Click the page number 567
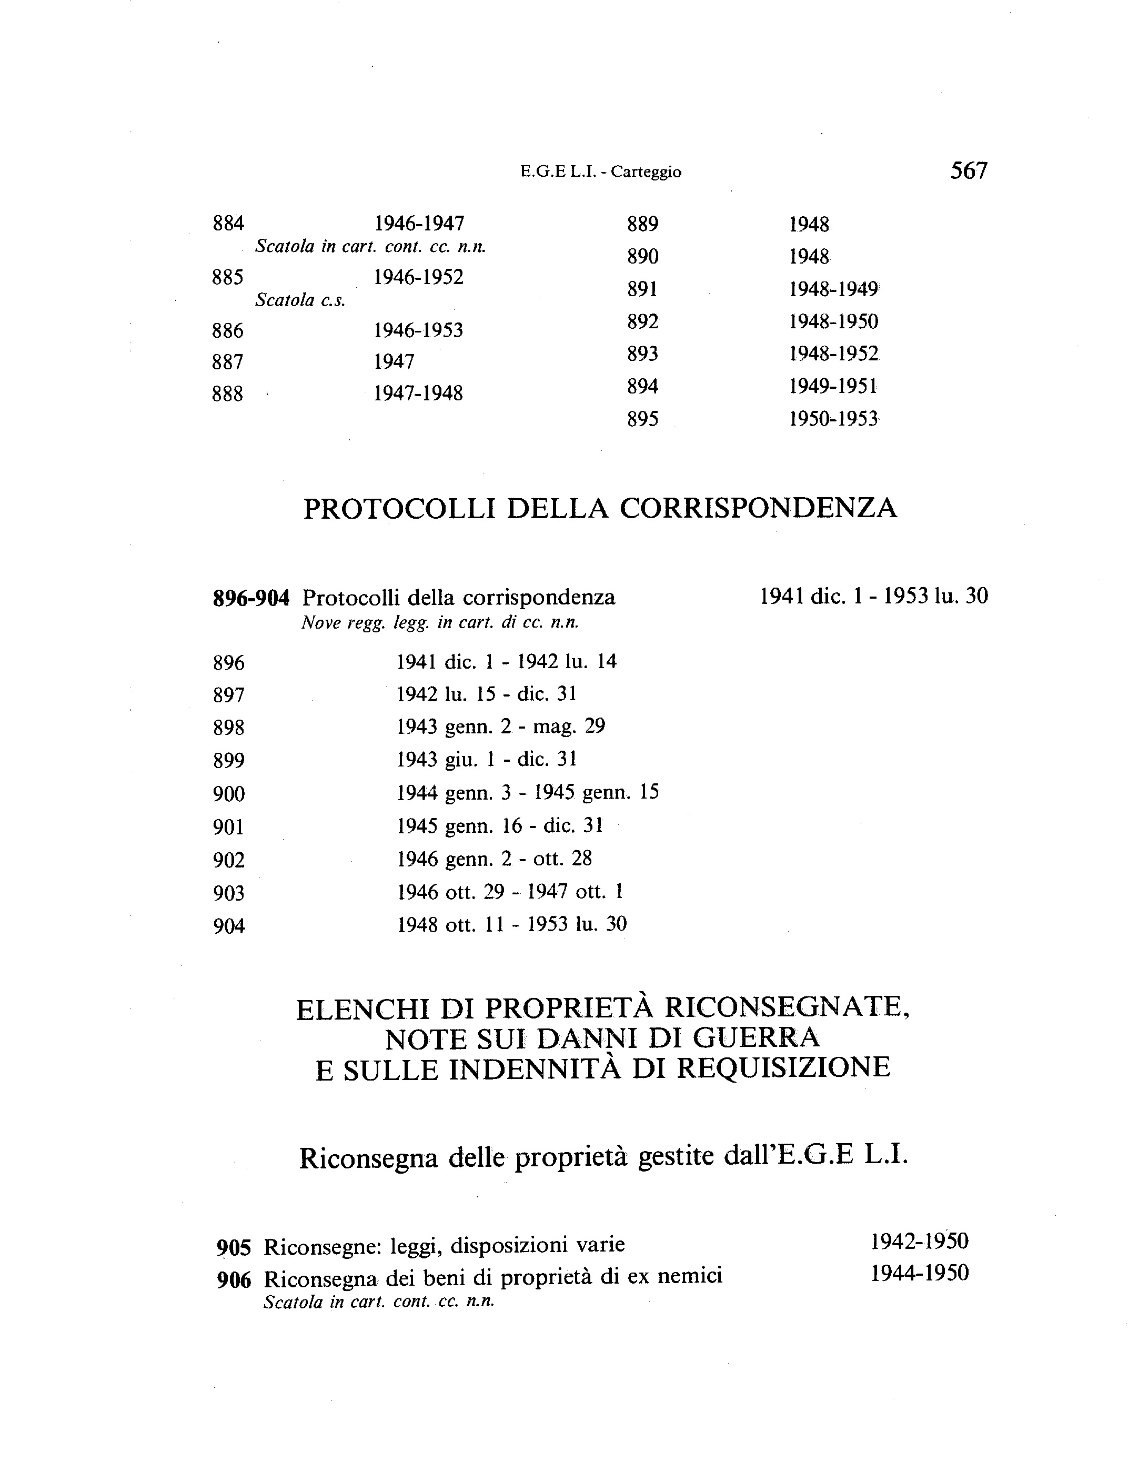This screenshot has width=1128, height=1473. (968, 170)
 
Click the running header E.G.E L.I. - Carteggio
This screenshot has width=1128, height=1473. (600, 172)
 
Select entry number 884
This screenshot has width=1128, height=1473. (228, 223)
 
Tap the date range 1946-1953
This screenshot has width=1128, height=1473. (418, 330)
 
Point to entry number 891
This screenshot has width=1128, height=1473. (642, 289)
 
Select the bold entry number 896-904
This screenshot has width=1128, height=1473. (251, 598)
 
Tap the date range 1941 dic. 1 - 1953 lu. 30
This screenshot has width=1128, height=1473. (873, 596)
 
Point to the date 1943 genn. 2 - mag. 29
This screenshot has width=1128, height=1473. (501, 727)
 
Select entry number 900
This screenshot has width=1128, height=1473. (229, 794)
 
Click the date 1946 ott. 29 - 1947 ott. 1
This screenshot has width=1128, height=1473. (510, 892)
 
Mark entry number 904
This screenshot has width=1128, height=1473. (229, 926)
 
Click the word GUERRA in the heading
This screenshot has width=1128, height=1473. (756, 1038)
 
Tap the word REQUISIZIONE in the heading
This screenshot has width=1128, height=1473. (783, 1068)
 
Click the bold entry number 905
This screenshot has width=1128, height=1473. (234, 1247)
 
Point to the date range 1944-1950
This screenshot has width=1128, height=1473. (919, 1273)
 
